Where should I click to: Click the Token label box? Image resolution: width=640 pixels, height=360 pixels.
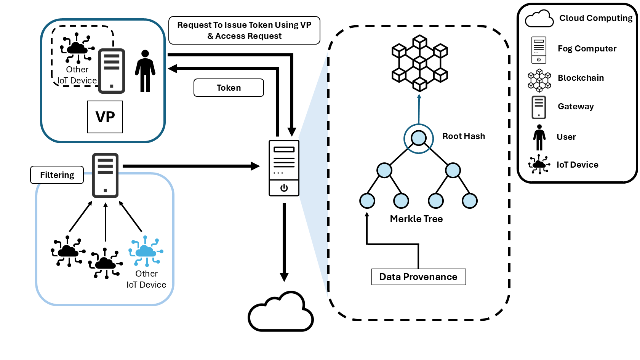pyautogui.click(x=229, y=88)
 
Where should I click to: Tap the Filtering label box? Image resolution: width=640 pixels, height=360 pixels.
pyautogui.click(x=57, y=175)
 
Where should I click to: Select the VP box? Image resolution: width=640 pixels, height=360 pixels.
pyautogui.click(x=105, y=117)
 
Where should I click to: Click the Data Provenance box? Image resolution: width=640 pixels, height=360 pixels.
pyautogui.click(x=418, y=277)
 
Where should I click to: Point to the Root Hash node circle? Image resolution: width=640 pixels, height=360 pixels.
pyautogui.click(x=419, y=138)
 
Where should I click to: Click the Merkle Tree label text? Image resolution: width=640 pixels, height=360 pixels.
pyautogui.click(x=416, y=219)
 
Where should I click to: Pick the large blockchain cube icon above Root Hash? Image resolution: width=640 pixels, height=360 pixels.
pyautogui.click(x=419, y=63)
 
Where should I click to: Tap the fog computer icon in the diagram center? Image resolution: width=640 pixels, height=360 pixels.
pyautogui.click(x=284, y=168)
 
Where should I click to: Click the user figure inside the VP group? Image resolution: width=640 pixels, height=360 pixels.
pyautogui.click(x=145, y=71)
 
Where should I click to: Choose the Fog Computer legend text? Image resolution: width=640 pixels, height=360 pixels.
pyautogui.click(x=587, y=49)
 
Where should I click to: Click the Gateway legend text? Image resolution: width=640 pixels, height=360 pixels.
pyautogui.click(x=576, y=107)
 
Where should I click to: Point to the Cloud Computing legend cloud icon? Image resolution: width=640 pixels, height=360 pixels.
pyautogui.click(x=539, y=19)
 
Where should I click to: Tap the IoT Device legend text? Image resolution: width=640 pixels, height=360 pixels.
pyautogui.click(x=577, y=165)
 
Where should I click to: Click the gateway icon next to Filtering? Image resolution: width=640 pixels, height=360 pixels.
pyautogui.click(x=106, y=175)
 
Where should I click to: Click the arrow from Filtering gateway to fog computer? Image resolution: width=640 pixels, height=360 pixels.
pyautogui.click(x=190, y=166)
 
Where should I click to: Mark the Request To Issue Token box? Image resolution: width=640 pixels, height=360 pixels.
pyautogui.click(x=244, y=30)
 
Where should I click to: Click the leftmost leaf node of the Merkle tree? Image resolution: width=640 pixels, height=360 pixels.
pyautogui.click(x=367, y=201)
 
